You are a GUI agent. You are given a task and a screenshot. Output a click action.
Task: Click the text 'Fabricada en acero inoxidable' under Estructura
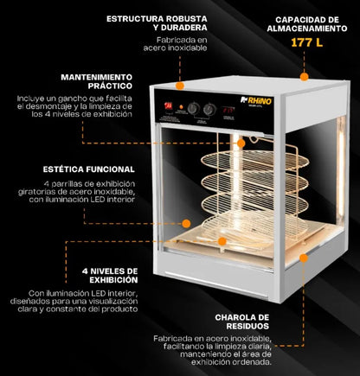(x=182, y=44)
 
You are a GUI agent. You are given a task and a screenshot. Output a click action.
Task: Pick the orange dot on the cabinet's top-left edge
(x=180, y=86)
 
